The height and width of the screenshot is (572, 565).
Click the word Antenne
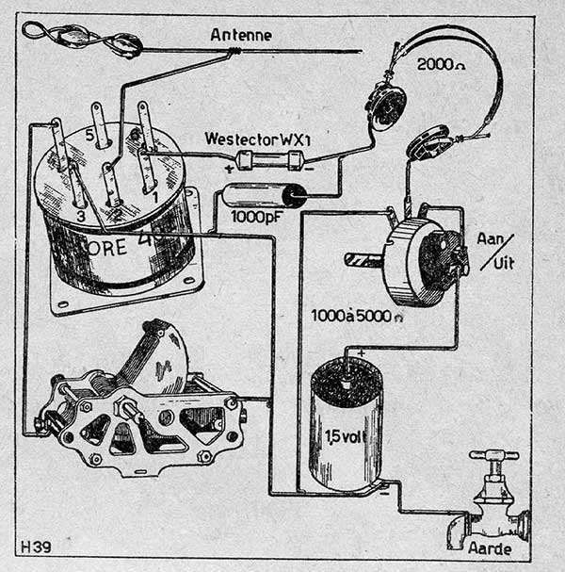[242, 35]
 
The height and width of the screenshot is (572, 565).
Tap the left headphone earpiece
[387, 106]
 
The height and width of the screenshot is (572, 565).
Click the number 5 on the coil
[90, 135]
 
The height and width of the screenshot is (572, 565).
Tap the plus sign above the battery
[360, 353]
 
